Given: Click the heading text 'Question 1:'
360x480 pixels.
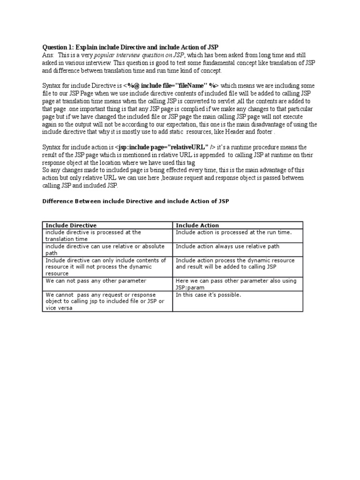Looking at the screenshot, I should [58, 48].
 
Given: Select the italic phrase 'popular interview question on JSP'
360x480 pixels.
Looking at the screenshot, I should [132, 55].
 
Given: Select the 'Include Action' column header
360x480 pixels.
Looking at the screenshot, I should [197, 225].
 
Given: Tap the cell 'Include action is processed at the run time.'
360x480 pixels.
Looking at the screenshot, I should [233, 232].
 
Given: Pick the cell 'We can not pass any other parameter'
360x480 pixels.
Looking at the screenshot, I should [96, 281].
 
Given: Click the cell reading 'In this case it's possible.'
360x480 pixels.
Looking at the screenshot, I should [208, 295].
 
